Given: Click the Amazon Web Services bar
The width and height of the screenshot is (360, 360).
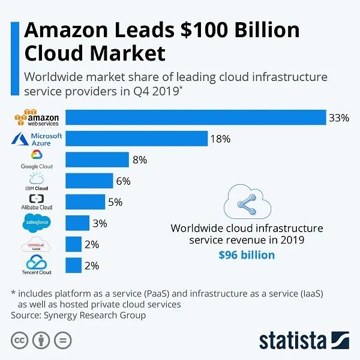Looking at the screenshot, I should [x=195, y=118].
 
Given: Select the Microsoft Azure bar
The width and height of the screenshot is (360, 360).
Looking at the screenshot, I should [x=136, y=139].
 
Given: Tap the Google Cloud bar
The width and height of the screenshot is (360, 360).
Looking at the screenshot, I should [x=97, y=160].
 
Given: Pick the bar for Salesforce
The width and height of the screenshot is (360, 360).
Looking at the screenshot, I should [x=77, y=223].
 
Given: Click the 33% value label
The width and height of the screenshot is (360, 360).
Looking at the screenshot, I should [x=338, y=118].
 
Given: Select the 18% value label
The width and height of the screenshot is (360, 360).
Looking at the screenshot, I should [x=220, y=139].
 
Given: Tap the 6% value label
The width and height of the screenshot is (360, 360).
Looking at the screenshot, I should [x=124, y=181].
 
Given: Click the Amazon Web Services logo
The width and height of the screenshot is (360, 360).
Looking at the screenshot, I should [x=37, y=118].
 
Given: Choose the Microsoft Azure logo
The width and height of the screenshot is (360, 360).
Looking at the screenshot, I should [x=37, y=139].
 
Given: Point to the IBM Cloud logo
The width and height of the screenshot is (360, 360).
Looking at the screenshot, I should [x=37, y=181].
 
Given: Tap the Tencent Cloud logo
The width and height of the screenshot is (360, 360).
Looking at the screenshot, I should [x=37, y=265].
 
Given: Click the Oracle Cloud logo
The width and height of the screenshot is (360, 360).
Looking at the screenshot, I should [x=37, y=245].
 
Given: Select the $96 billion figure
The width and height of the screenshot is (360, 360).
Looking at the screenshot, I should [x=247, y=255].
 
